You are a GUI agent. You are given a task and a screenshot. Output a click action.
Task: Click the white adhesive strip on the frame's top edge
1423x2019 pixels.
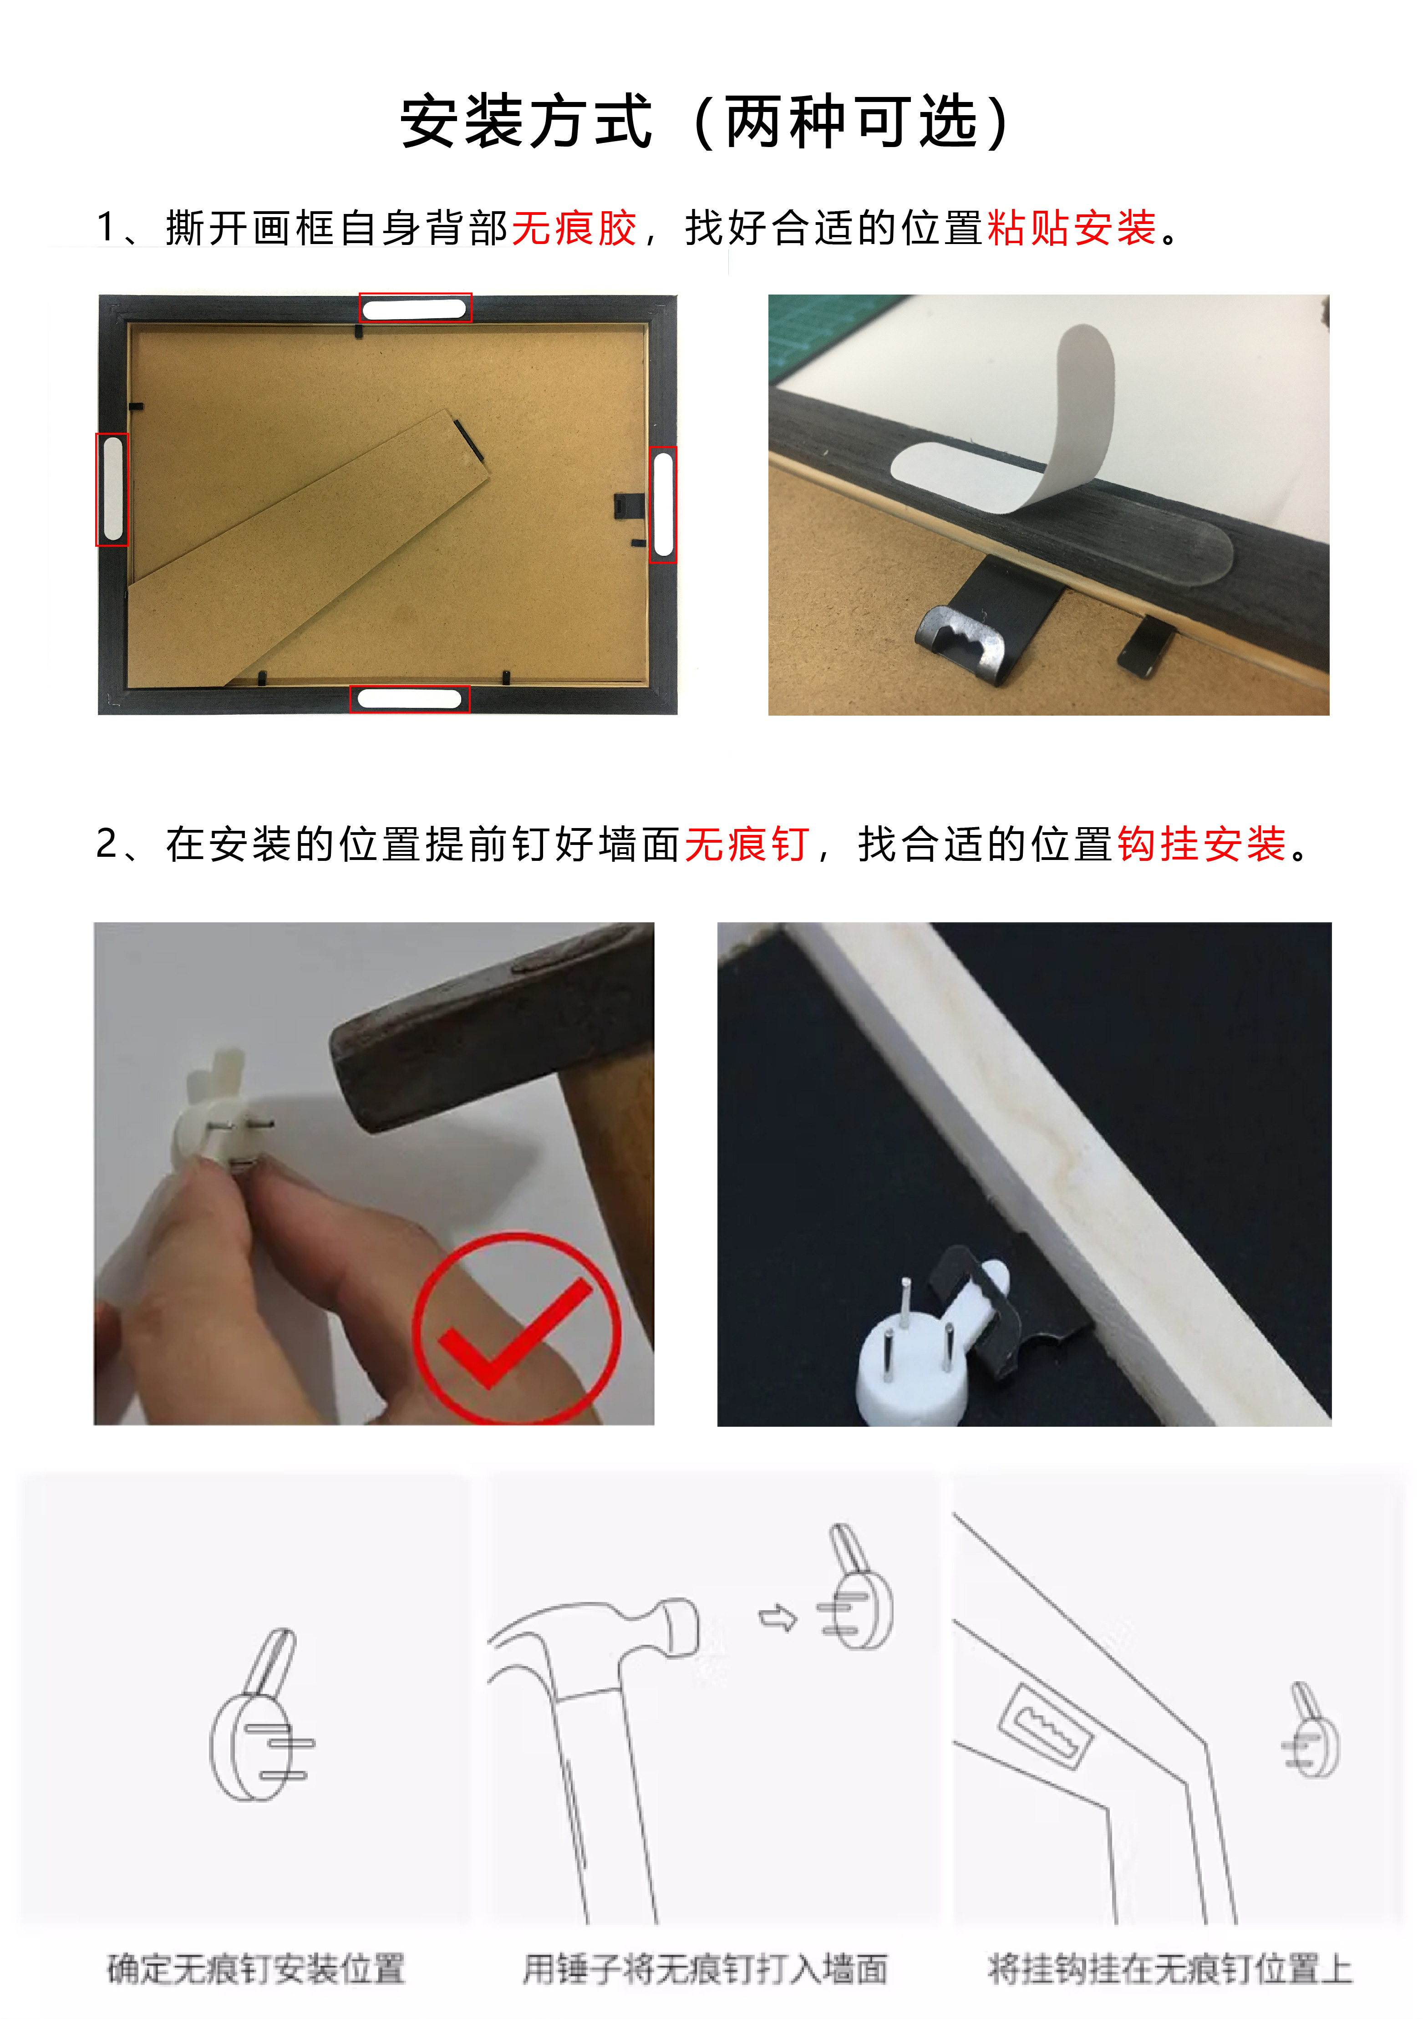click(414, 309)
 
